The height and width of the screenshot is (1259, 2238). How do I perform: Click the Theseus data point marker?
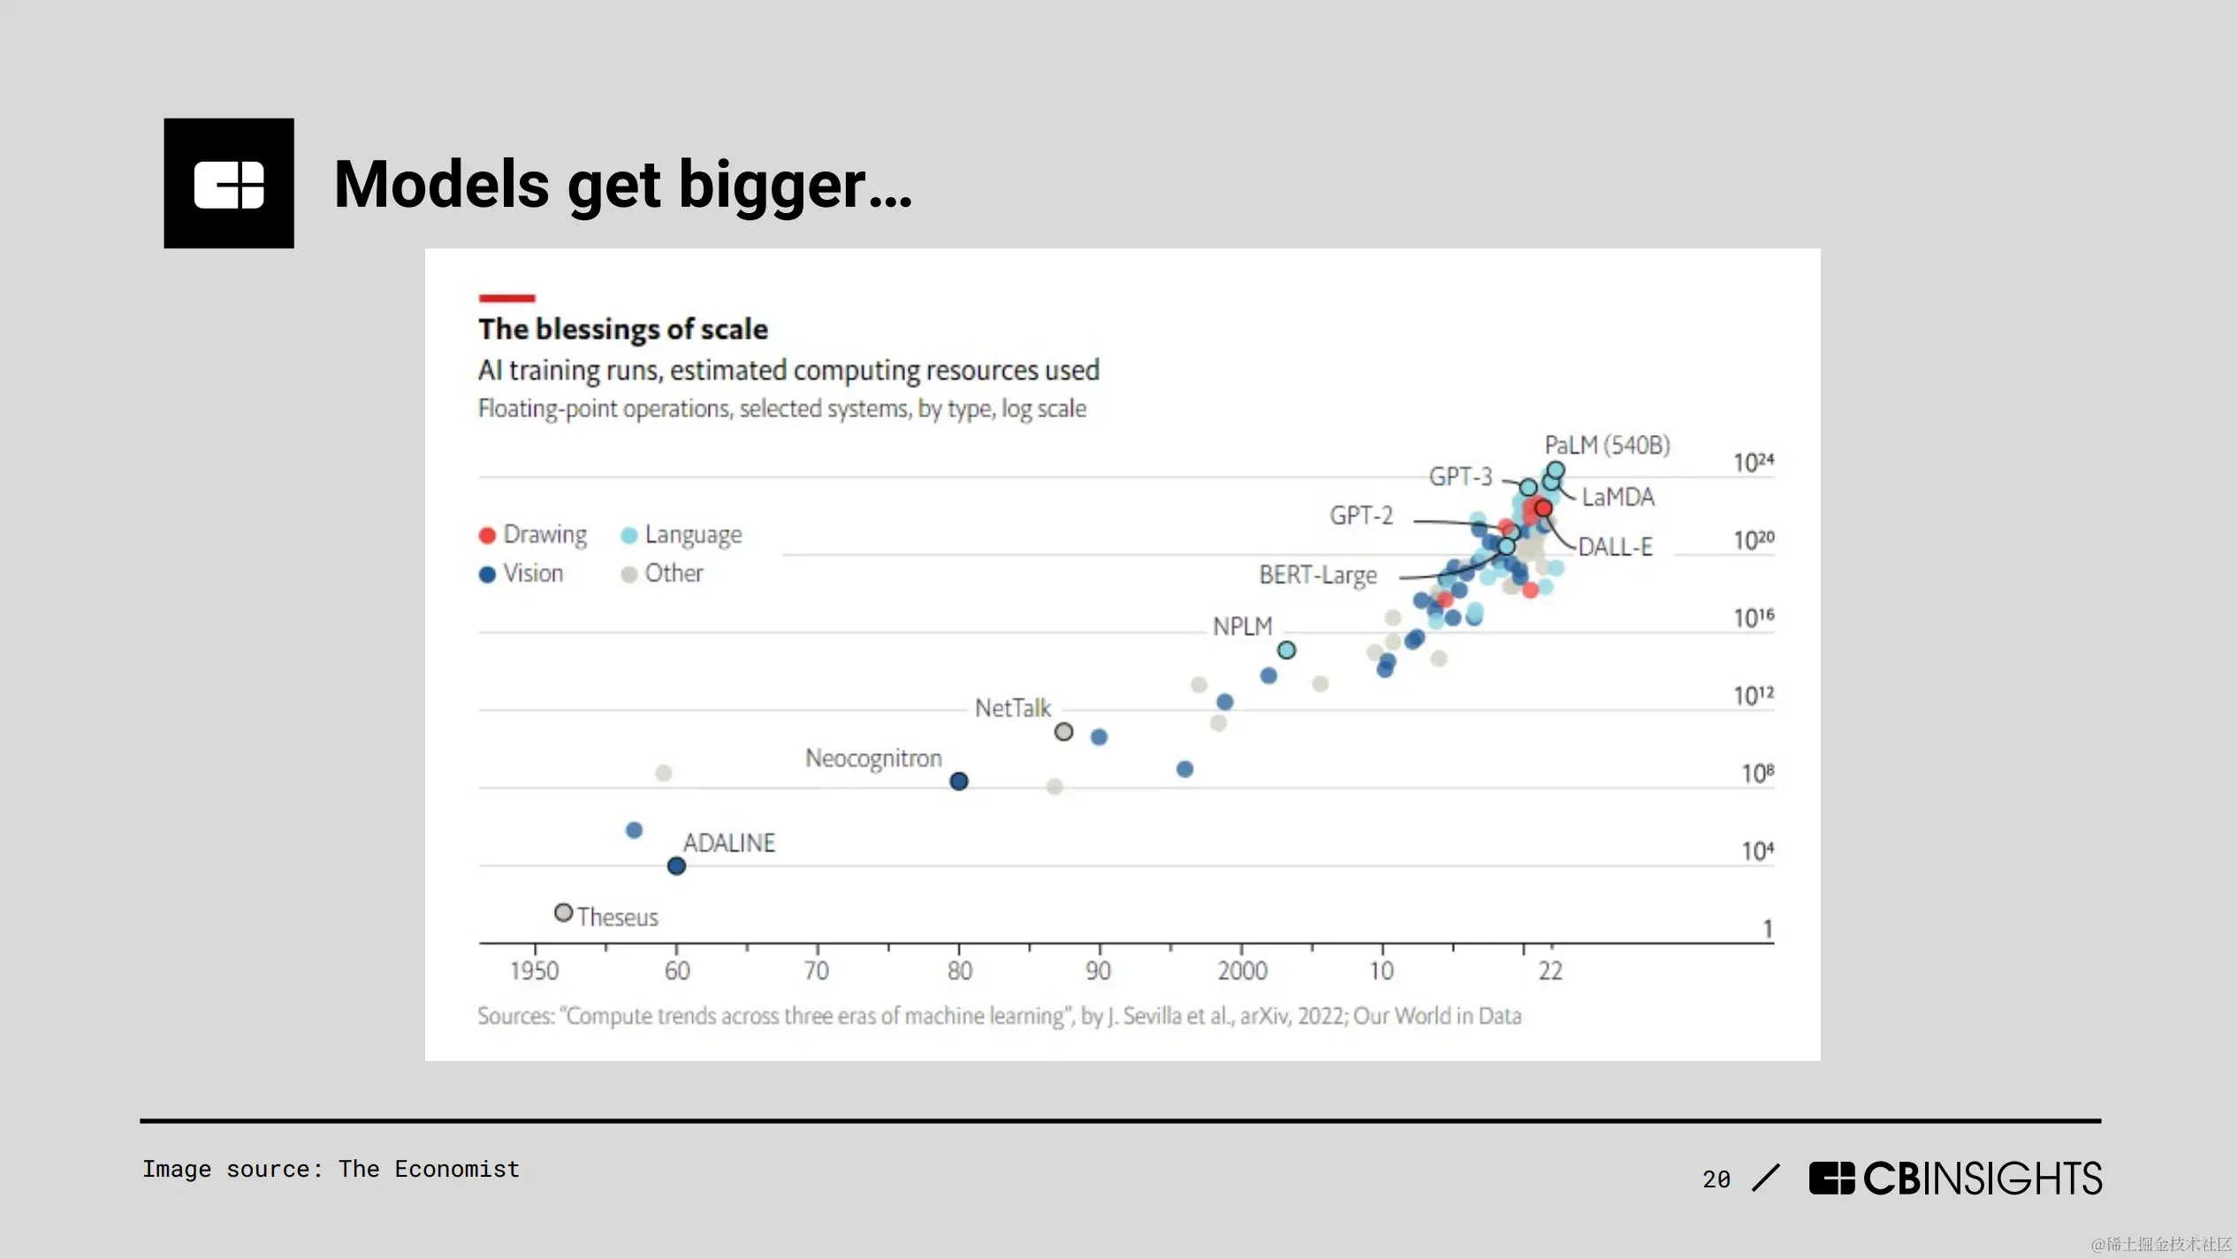563,912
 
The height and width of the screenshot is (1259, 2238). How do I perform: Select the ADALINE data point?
676,866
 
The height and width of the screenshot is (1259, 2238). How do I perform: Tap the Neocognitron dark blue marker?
959,782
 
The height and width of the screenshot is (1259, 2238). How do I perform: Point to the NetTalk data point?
1064,732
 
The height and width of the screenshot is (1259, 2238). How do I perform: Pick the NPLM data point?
1287,651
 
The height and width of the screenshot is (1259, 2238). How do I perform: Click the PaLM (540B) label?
1607,446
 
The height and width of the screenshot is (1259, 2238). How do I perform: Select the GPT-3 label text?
1460,477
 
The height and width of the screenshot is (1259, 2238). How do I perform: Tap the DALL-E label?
1615,547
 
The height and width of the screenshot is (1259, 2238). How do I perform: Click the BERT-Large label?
1318,576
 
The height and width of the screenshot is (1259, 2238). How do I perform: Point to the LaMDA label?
1618,498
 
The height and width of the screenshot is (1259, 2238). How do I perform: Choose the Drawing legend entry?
533,535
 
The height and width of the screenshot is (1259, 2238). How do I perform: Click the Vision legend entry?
521,574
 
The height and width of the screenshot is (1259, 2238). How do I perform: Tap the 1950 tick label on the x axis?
535,971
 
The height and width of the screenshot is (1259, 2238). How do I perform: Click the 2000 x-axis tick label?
1242,971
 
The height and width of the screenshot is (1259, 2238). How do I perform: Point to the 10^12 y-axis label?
1753,696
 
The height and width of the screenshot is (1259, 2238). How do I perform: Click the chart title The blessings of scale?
623,330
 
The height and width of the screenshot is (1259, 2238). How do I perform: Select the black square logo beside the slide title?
229,183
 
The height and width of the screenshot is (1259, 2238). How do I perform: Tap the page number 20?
1716,1179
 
